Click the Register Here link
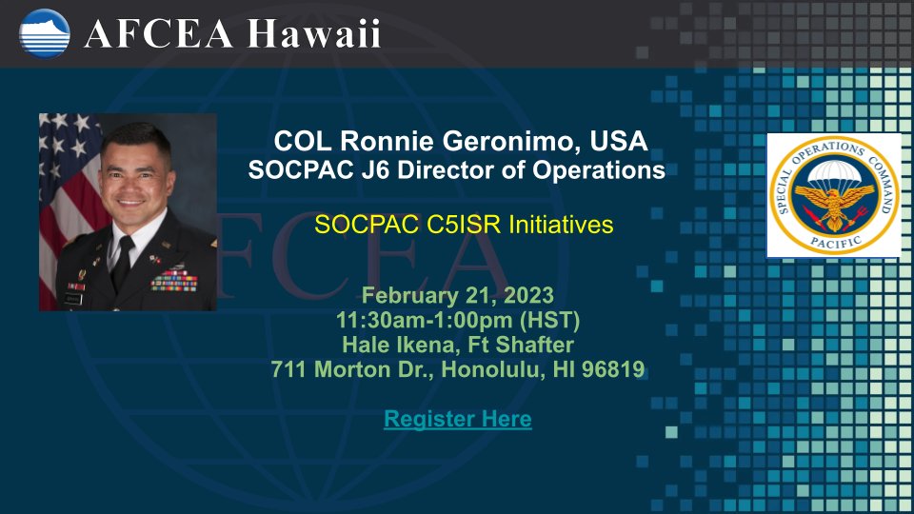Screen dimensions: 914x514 click(458, 419)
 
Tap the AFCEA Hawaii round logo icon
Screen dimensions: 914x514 click(45, 34)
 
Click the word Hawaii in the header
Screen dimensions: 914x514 click(314, 33)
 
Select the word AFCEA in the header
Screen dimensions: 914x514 click(159, 34)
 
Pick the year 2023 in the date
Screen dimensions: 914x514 click(528, 295)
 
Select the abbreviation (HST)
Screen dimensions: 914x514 click(549, 320)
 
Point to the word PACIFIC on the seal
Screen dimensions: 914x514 click(835, 241)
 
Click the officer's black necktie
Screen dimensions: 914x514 click(123, 263)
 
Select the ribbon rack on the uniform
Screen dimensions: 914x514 click(173, 280)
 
